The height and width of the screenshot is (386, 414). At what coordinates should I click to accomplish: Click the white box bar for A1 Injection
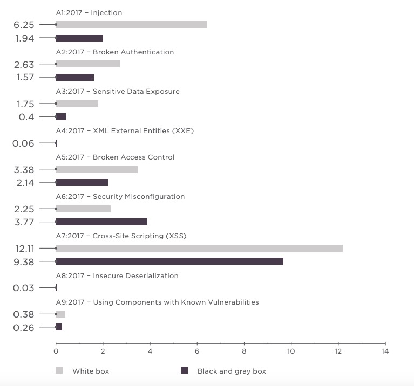[131, 25]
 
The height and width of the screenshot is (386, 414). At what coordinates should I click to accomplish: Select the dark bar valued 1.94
[79, 38]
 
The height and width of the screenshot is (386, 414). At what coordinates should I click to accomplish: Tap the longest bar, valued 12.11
[199, 248]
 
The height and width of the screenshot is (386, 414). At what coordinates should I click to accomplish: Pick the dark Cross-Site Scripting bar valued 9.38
[169, 261]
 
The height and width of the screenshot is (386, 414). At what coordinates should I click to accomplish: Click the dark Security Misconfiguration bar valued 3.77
[101, 222]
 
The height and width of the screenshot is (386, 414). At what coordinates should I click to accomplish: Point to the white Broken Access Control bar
[97, 169]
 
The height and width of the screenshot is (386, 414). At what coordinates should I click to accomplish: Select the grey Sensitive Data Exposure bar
[77, 104]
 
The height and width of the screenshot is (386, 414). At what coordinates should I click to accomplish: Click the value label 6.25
[24, 25]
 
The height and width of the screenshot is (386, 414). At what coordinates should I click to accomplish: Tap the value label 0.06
[24, 143]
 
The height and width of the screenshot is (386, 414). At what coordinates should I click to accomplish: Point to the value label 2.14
[24, 183]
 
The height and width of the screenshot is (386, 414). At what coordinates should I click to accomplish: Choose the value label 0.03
[24, 288]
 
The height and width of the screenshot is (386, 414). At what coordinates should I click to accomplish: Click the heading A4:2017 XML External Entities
[125, 131]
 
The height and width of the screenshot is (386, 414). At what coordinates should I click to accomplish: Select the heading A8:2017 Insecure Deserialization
[117, 276]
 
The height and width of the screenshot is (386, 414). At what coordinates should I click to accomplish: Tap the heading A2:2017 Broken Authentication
[115, 52]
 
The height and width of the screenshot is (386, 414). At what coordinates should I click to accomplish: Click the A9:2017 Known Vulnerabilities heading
[157, 302]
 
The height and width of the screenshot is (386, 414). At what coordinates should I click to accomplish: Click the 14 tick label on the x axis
[385, 351]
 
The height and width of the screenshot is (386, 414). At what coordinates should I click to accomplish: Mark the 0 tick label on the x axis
[56, 351]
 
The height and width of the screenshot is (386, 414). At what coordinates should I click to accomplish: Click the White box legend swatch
[59, 370]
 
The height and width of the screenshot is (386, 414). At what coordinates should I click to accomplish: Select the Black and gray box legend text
[232, 371]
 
